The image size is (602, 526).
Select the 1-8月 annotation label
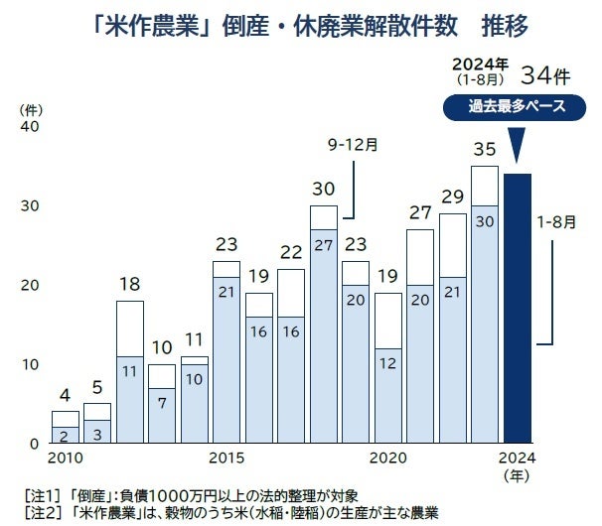pos(556,221)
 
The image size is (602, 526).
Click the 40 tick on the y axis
pos(29,127)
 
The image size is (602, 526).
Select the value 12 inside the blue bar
pos(387,364)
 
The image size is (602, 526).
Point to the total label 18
pos(129,285)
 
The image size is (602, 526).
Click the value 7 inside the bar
pos(162,404)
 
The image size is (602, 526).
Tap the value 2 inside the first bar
pos(65,434)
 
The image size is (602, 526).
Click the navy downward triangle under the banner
pos(516,145)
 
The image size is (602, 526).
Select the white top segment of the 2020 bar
pos(387,321)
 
